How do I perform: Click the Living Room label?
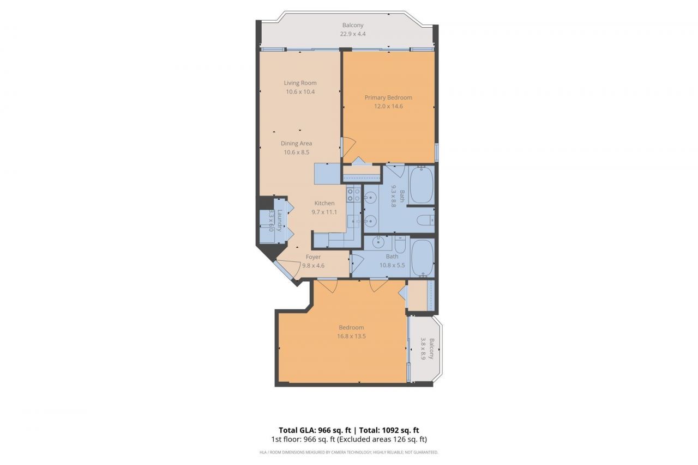click(x=300, y=83)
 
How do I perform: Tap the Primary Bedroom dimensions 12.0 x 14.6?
click(x=388, y=106)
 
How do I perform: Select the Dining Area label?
click(x=297, y=143)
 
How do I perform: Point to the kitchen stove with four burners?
click(x=353, y=195)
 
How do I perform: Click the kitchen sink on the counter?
click(x=352, y=220)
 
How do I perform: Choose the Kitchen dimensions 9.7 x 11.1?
click(x=324, y=212)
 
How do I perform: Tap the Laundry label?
click(x=279, y=221)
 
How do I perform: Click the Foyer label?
click(x=313, y=257)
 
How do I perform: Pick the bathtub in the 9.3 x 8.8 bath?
click(x=420, y=185)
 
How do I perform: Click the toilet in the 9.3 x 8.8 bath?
click(x=423, y=220)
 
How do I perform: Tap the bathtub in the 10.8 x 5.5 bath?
click(x=422, y=258)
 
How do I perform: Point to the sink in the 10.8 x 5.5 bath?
click(x=377, y=243)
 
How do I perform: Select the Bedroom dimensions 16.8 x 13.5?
click(x=351, y=336)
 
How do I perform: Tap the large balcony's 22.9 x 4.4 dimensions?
click(x=353, y=34)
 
